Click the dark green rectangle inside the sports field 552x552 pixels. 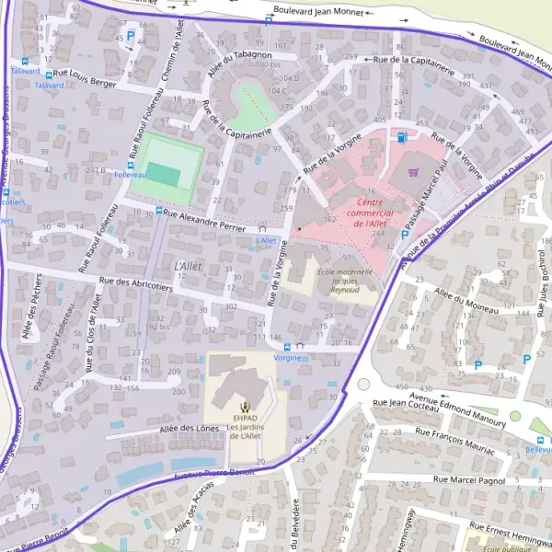164,173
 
